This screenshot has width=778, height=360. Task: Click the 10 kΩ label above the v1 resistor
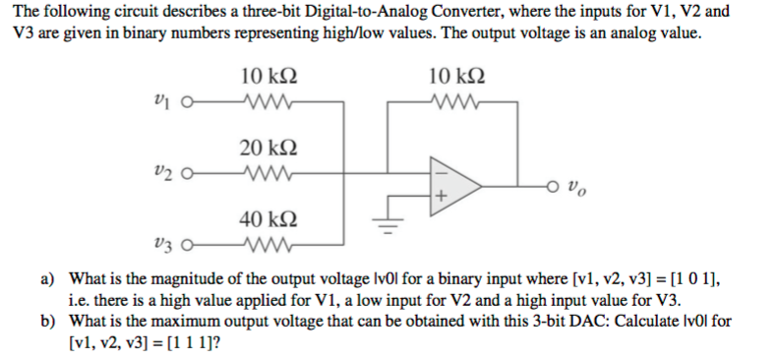[x=268, y=75]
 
